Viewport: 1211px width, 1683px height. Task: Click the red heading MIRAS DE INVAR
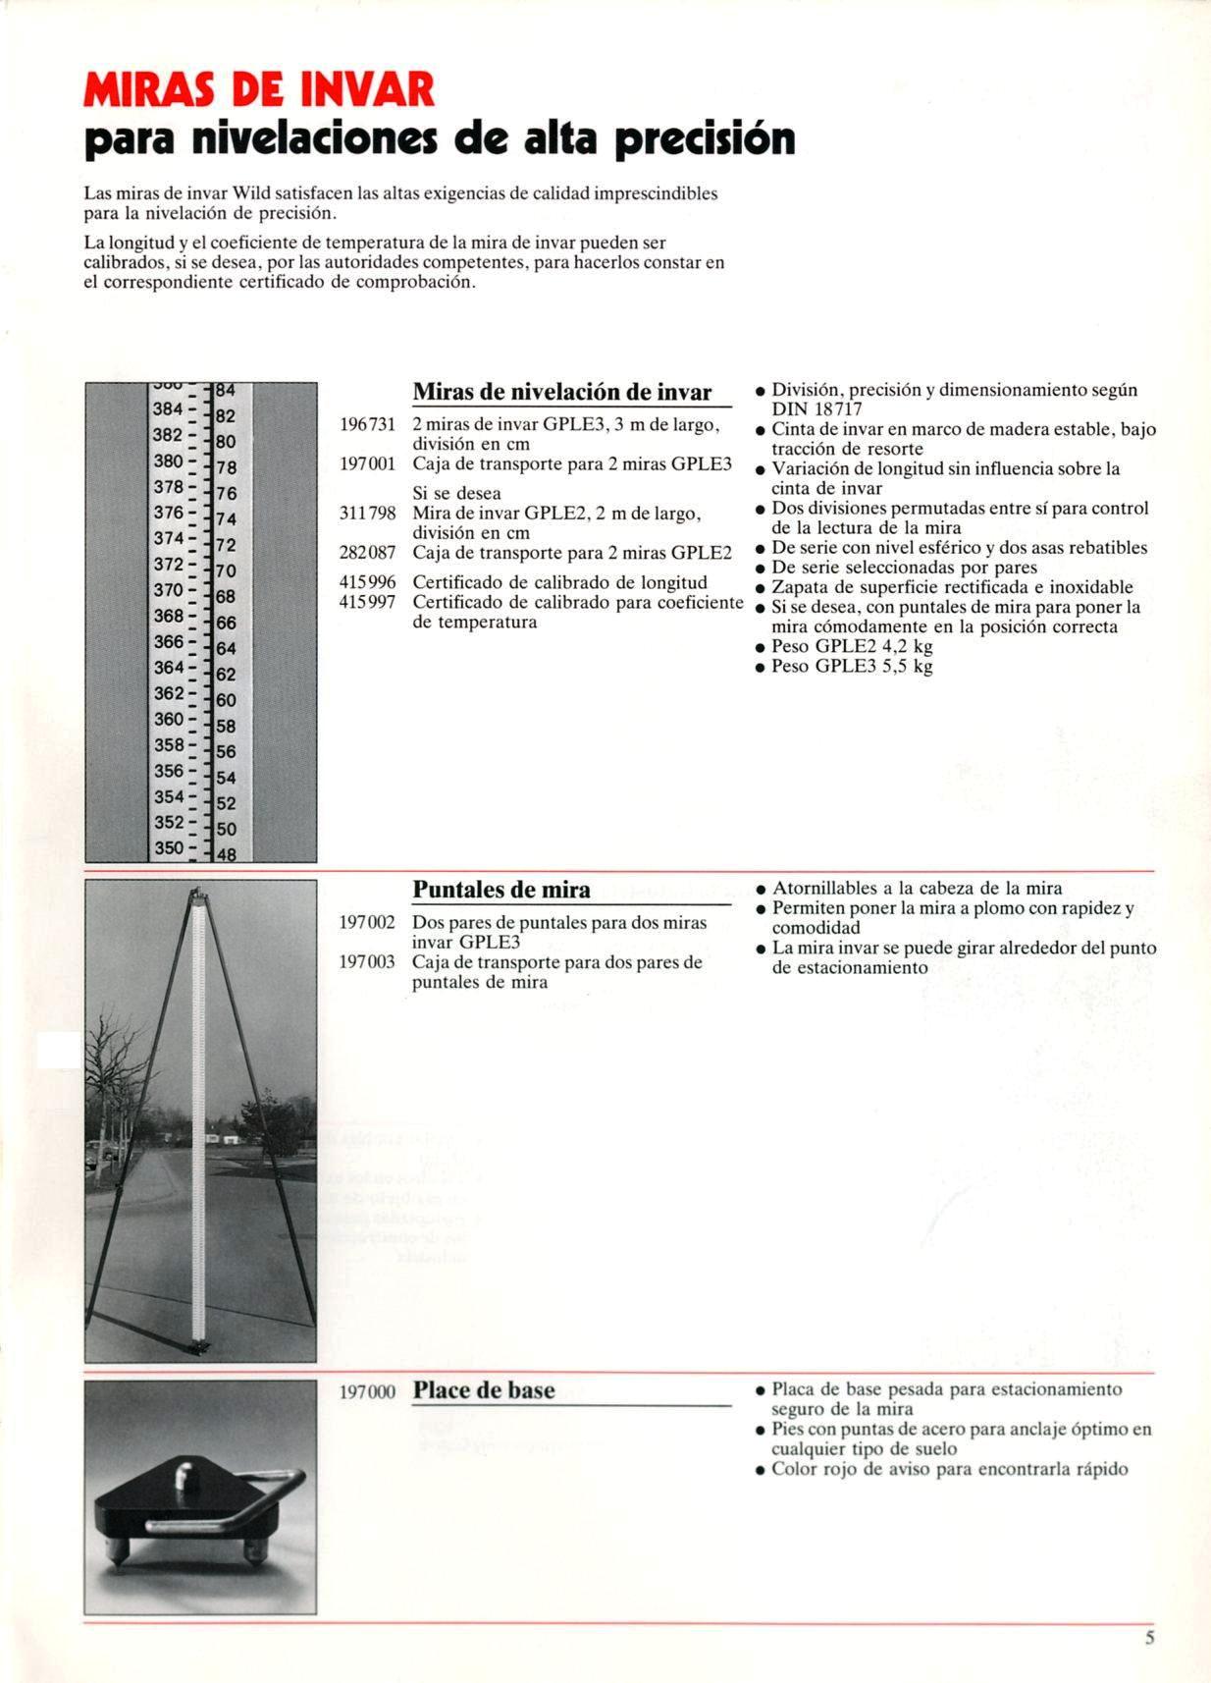tap(259, 89)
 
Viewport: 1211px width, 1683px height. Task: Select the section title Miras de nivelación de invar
tap(561, 392)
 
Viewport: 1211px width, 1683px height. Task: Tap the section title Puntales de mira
tap(500, 890)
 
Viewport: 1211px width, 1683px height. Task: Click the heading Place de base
tap(483, 1390)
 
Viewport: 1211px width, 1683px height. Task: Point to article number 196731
tap(367, 424)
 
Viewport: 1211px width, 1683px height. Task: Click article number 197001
tap(367, 463)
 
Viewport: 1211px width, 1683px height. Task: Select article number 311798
tap(367, 513)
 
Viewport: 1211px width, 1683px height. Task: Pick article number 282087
tap(367, 553)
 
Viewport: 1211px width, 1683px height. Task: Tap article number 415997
tap(367, 602)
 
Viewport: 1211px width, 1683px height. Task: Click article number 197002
tap(367, 923)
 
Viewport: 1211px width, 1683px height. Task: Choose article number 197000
tap(367, 1391)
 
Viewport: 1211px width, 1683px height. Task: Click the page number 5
tap(1149, 1637)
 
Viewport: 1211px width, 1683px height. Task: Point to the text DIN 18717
tap(816, 409)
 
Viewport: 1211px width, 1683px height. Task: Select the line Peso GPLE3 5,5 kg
tap(852, 666)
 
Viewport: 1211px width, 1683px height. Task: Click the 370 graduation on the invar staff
tap(168, 590)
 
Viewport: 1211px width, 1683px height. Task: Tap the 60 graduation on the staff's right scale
tap(226, 700)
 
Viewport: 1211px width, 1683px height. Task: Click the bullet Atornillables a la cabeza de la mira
tap(917, 889)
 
